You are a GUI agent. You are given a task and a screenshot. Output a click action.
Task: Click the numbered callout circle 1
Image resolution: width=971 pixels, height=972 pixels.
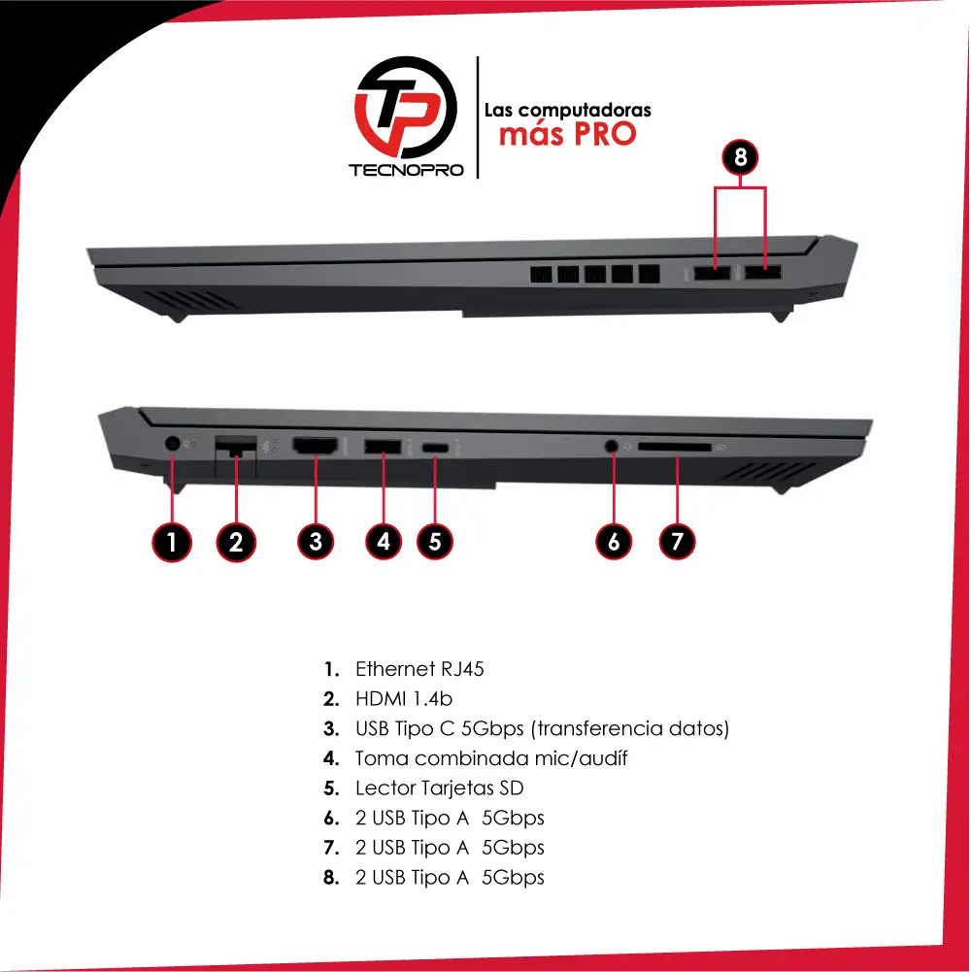tap(172, 543)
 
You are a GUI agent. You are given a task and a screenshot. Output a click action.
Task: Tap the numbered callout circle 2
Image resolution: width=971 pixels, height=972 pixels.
tap(236, 543)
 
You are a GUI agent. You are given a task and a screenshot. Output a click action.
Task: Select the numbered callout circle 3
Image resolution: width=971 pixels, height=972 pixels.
tap(316, 541)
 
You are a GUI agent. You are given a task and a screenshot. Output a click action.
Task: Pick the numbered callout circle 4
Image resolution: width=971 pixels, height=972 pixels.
tap(384, 541)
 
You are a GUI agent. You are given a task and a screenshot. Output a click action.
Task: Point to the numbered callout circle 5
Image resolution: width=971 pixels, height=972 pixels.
tap(435, 541)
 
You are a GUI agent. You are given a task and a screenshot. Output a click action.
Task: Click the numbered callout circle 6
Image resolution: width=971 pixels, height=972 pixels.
tap(614, 541)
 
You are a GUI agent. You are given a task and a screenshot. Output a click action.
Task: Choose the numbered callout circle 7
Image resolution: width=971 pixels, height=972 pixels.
tap(677, 541)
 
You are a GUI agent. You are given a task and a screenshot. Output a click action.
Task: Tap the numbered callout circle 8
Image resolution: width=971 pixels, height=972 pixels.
tap(740, 157)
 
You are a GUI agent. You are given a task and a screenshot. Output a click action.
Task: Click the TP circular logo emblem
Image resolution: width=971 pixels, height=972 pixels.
tap(406, 107)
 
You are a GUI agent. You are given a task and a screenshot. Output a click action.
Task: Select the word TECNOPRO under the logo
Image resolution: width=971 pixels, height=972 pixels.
tap(406, 171)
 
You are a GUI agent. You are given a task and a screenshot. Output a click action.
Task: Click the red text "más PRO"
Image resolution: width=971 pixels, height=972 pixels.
tap(567, 134)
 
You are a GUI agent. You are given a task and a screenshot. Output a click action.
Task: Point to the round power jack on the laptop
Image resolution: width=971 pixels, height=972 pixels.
tap(173, 443)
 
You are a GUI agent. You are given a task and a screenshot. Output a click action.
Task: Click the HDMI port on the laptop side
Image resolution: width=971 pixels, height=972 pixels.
tap(316, 445)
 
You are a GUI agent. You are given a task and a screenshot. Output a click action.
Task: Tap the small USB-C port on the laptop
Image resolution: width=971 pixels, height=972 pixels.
tap(436, 447)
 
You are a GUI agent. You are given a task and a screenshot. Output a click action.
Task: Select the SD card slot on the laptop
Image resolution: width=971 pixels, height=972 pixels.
tap(675, 447)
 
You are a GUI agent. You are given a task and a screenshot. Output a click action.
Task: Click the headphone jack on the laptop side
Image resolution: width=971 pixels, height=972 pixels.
tap(612, 446)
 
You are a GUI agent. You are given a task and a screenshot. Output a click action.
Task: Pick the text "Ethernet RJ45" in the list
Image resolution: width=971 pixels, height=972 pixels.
tap(419, 669)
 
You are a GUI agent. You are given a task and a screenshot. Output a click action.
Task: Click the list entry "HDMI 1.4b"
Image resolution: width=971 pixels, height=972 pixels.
tap(404, 698)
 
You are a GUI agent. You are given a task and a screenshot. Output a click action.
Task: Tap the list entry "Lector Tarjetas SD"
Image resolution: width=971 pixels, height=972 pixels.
tap(439, 788)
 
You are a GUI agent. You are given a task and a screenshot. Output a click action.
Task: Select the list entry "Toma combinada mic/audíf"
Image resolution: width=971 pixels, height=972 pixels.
tap(491, 758)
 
